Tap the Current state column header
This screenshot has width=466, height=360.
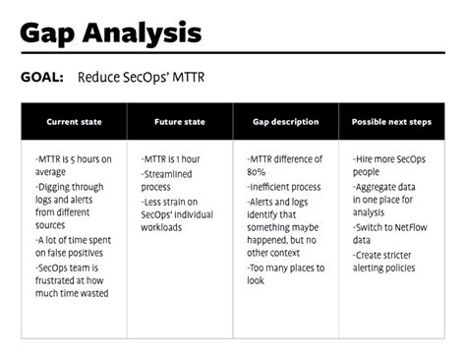click(x=74, y=122)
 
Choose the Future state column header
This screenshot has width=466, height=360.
click(x=180, y=122)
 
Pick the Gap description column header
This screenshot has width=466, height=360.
click(x=286, y=122)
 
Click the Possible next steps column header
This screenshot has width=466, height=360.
click(x=392, y=122)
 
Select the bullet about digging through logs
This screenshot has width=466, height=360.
click(x=71, y=197)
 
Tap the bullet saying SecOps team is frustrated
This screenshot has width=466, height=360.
click(x=71, y=279)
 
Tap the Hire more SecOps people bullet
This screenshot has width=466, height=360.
click(x=389, y=163)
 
